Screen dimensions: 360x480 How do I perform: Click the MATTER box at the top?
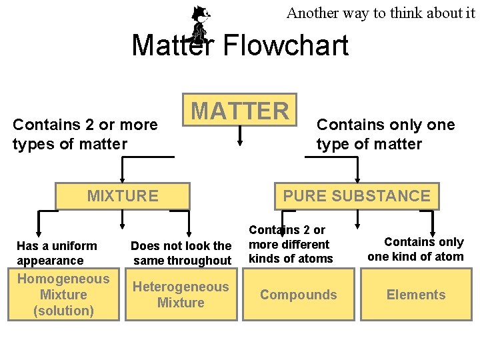(x=239, y=111)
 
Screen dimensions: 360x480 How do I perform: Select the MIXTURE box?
(x=123, y=195)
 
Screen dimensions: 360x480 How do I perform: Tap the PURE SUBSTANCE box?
(x=357, y=195)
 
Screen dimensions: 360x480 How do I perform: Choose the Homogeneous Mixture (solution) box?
(x=63, y=295)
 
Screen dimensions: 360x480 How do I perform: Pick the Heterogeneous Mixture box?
(x=181, y=295)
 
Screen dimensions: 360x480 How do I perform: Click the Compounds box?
(x=298, y=295)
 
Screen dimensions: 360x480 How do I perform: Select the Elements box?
(x=416, y=295)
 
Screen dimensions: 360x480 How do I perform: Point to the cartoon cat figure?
(x=199, y=23)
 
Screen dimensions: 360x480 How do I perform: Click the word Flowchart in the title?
(x=285, y=45)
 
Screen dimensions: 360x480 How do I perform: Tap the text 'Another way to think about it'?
(x=381, y=13)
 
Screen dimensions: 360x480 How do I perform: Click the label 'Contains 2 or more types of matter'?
(x=85, y=134)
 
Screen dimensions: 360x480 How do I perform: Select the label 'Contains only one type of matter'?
(x=385, y=134)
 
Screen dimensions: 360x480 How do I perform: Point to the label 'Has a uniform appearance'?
(x=57, y=253)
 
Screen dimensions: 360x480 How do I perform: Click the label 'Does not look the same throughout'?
(x=181, y=253)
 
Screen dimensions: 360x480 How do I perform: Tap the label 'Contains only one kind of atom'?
(x=415, y=249)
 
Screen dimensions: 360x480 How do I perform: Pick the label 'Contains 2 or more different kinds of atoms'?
(x=290, y=244)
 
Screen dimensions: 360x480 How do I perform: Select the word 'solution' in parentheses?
(x=64, y=311)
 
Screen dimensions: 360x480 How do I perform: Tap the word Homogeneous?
(x=63, y=279)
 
